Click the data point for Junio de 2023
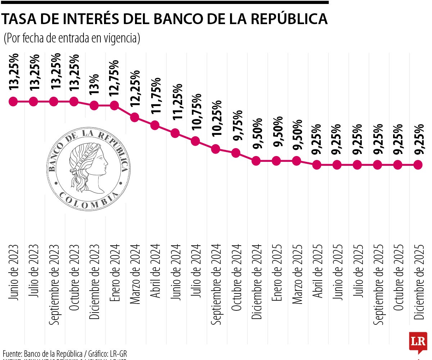click(x=13, y=101)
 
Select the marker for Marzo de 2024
click(x=135, y=117)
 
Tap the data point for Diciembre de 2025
click(x=418, y=165)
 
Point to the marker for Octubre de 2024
click(x=236, y=153)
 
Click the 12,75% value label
click(x=114, y=78)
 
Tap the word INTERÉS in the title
click(x=86, y=19)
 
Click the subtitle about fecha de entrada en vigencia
click(x=72, y=38)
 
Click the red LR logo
click(x=418, y=342)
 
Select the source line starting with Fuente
click(x=65, y=353)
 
